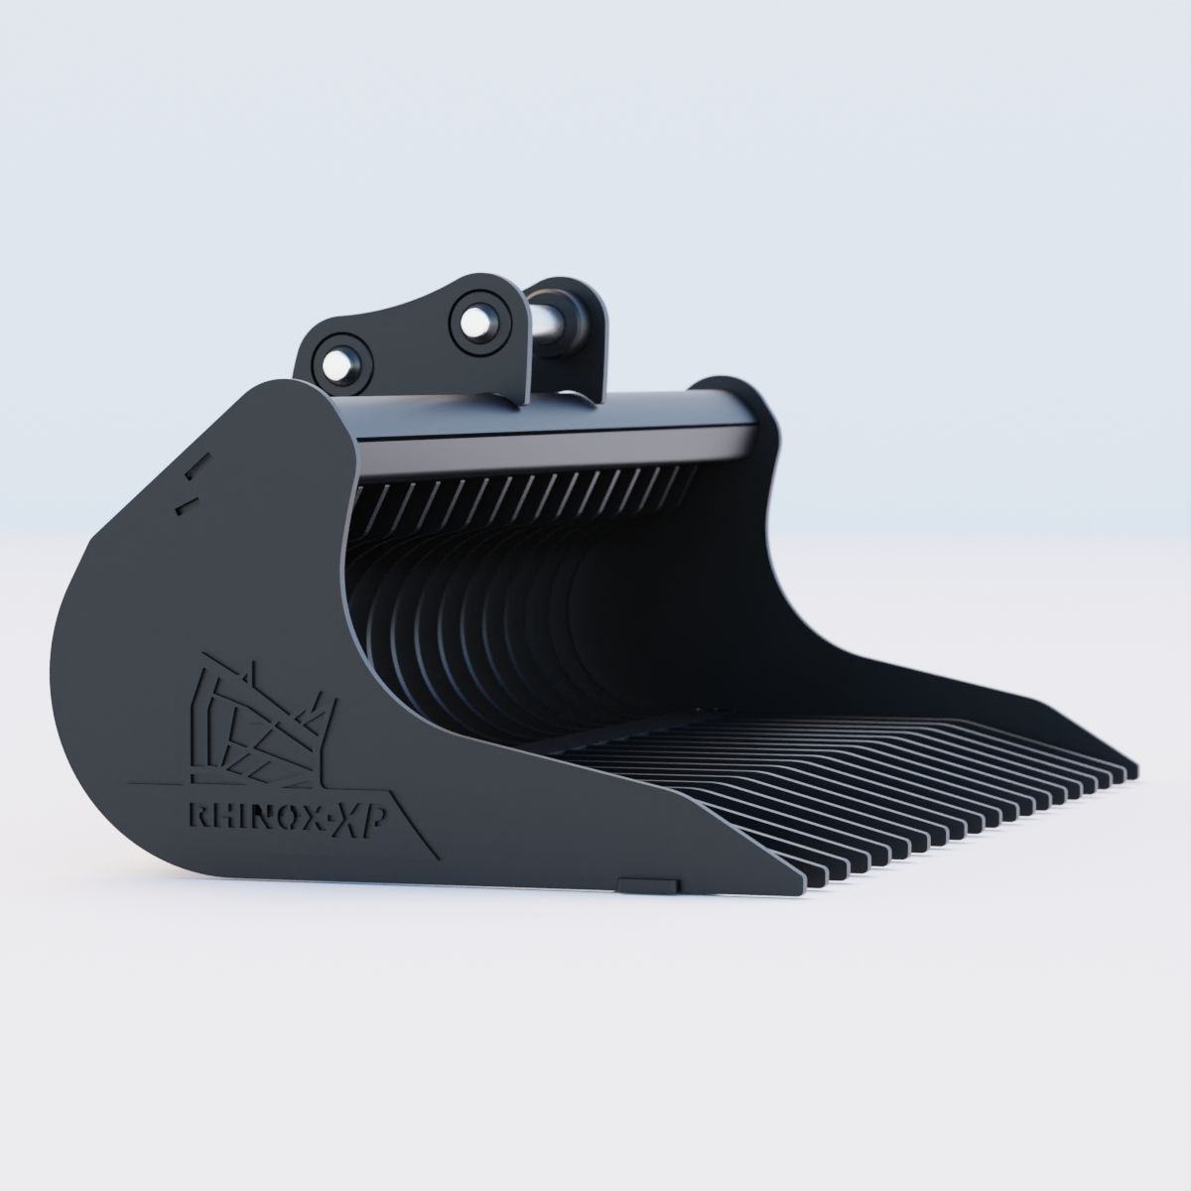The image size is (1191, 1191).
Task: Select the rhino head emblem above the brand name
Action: tap(263, 720)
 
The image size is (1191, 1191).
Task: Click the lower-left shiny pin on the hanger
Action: tap(340, 364)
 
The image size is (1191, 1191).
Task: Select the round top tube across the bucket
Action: tap(556, 422)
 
